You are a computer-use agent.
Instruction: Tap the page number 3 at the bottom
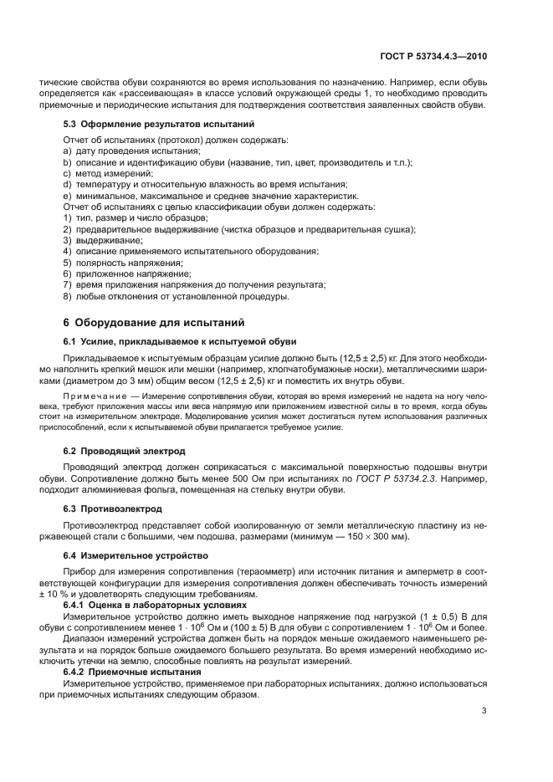[484, 711]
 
